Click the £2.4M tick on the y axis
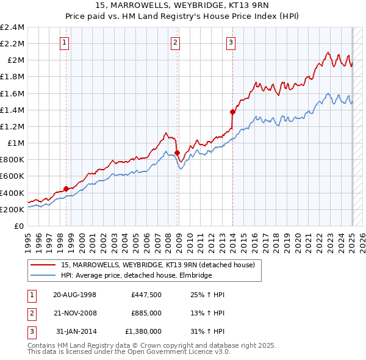(x=12, y=27)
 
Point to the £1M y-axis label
(x=16, y=143)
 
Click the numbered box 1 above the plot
(x=65, y=42)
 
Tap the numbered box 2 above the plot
(x=175, y=42)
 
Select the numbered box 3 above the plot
(x=232, y=42)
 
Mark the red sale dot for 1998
(x=66, y=189)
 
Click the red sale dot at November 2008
(x=177, y=153)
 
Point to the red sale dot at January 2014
(x=232, y=112)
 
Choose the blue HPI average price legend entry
(x=136, y=276)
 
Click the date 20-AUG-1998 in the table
(x=75, y=294)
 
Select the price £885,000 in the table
(x=146, y=313)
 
